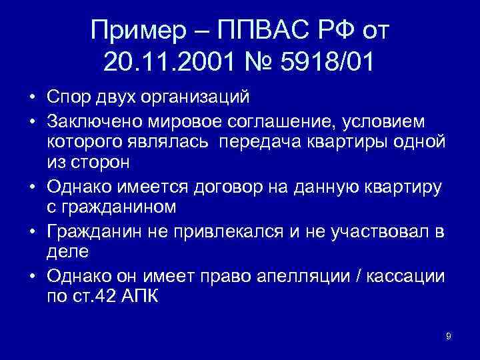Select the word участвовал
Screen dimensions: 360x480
point(367,231)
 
